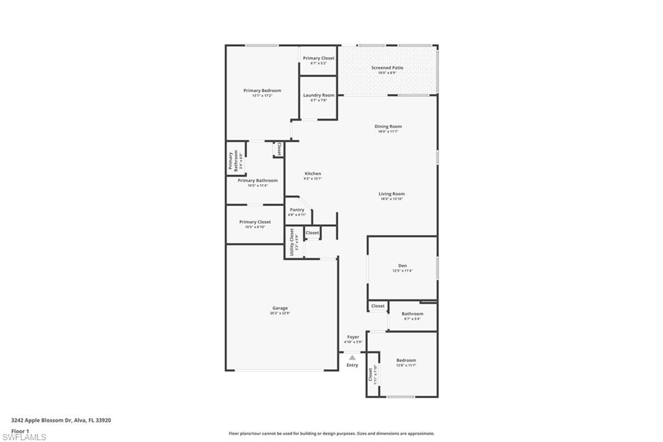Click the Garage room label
click(280, 308)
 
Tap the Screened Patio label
click(387, 67)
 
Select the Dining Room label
click(388, 126)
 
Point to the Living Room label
click(392, 194)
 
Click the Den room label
click(402, 265)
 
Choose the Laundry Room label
click(319, 95)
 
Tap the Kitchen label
click(313, 174)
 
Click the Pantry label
click(297, 209)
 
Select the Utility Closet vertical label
click(292, 242)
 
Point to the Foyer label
click(353, 337)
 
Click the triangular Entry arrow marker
click(352, 357)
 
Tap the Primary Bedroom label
click(262, 91)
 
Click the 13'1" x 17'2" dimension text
click(262, 96)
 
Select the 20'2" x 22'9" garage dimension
click(280, 313)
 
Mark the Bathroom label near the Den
click(412, 314)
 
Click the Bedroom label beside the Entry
click(406, 360)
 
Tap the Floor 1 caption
click(20, 430)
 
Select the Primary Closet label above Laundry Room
click(319, 58)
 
